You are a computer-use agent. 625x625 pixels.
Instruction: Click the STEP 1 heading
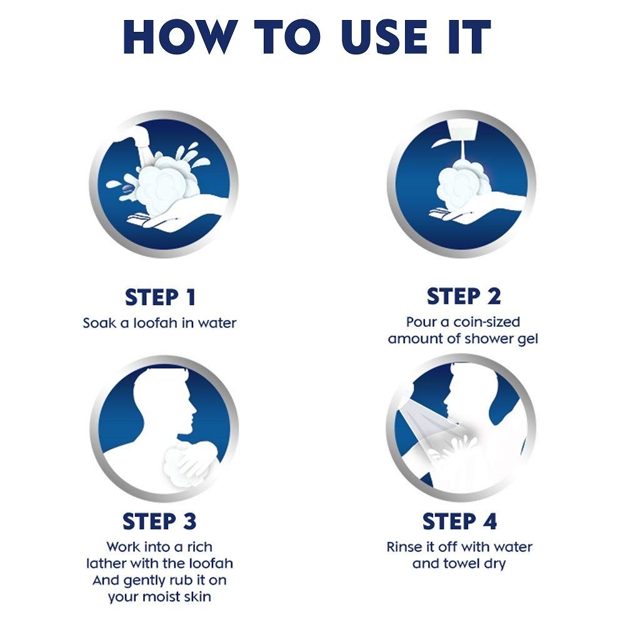point(160,297)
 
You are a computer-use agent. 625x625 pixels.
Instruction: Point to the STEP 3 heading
point(160,521)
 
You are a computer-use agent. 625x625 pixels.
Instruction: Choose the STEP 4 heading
point(459,521)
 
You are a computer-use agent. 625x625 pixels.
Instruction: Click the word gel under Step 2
point(527,339)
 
